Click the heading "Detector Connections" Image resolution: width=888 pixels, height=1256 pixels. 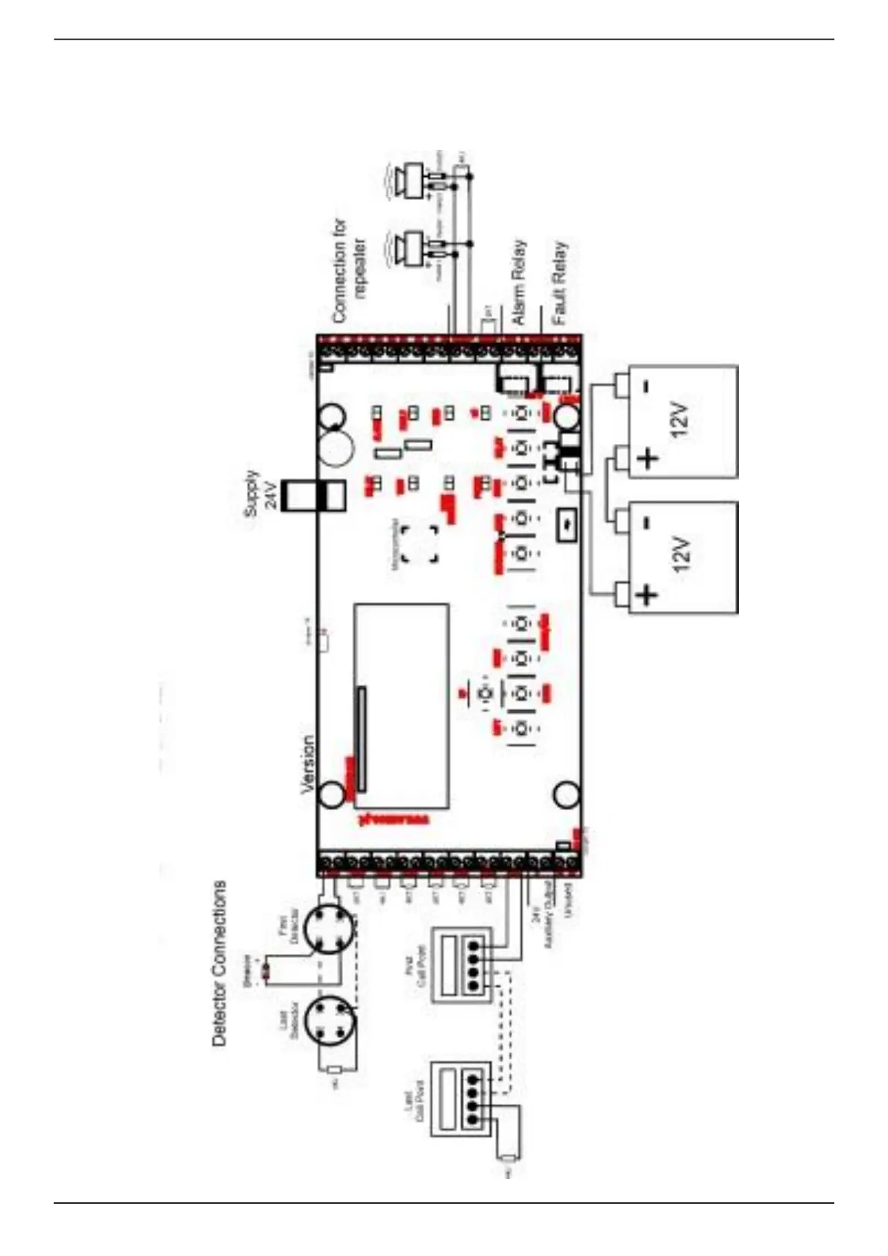click(x=219, y=963)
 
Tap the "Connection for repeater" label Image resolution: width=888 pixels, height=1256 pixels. click(x=350, y=270)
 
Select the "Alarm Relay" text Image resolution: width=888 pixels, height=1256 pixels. click(x=519, y=282)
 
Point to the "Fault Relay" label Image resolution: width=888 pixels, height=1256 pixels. click(x=559, y=282)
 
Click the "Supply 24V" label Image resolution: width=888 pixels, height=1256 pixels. click(x=260, y=493)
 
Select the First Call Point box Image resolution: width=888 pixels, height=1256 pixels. click(x=462, y=965)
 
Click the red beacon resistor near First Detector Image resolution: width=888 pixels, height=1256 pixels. click(x=266, y=970)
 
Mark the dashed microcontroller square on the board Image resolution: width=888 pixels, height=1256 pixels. click(x=420, y=544)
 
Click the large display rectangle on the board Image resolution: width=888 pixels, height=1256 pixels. click(x=402, y=705)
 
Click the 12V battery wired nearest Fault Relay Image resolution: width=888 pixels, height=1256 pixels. click(x=682, y=421)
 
